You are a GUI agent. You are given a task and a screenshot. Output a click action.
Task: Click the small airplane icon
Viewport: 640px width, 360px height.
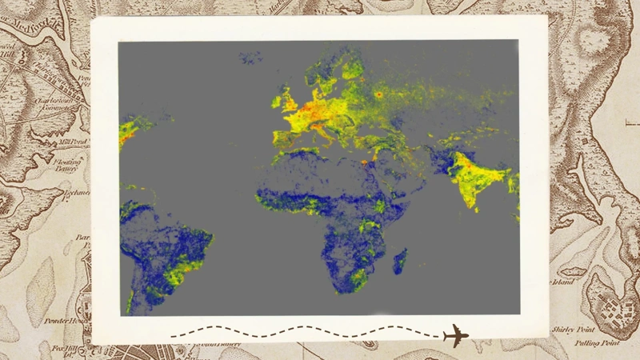tap(455, 335)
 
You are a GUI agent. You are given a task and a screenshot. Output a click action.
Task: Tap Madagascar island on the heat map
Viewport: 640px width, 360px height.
tap(399, 261)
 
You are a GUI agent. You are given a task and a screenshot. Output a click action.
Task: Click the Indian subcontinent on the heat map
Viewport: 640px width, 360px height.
tap(475, 181)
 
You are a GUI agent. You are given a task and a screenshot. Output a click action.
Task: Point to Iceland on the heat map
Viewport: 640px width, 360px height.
tap(250, 58)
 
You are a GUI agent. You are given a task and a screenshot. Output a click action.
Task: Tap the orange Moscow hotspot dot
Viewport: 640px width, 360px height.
tap(378, 94)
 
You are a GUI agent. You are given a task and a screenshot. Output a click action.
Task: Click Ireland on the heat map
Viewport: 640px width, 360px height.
tap(277, 102)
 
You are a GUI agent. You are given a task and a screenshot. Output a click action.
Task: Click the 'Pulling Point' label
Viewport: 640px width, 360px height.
tap(597, 342)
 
